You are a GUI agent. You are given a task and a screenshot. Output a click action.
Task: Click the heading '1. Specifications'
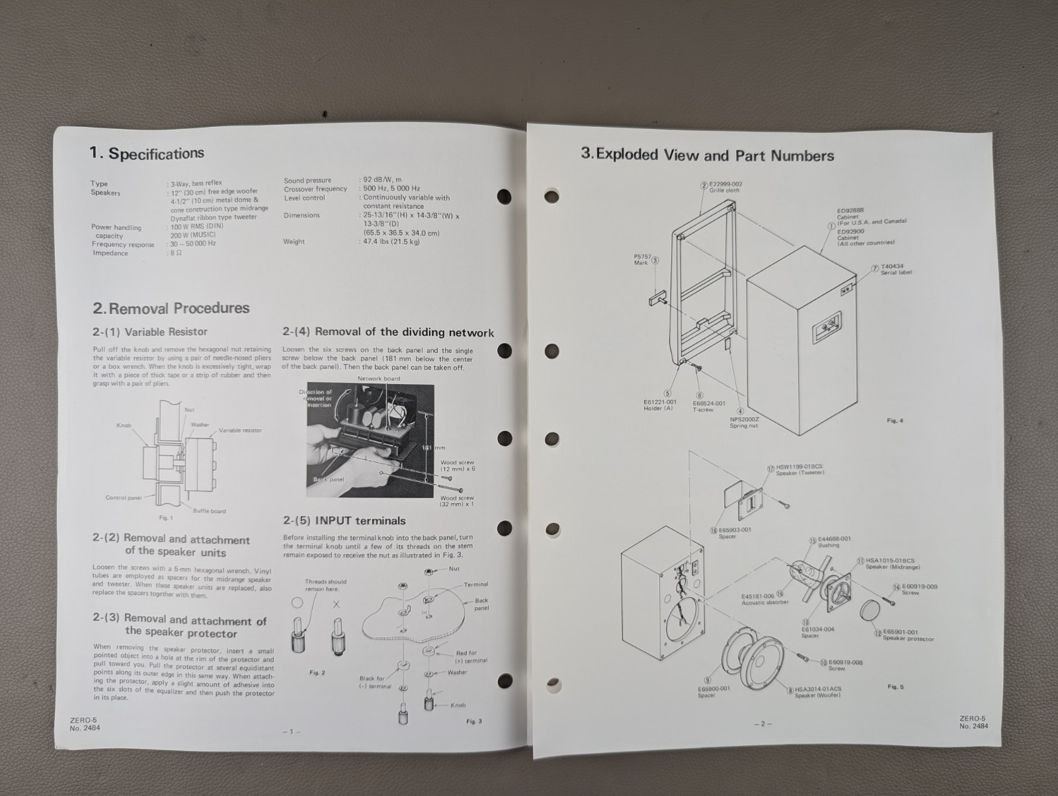click(x=147, y=153)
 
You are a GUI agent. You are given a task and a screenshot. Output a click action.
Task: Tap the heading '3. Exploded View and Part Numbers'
click(x=708, y=155)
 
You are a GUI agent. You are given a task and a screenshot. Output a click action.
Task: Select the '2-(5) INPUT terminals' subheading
click(x=344, y=520)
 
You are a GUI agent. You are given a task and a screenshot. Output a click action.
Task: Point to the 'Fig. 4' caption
click(x=895, y=420)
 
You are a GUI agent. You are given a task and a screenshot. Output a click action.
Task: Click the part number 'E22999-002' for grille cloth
click(x=725, y=184)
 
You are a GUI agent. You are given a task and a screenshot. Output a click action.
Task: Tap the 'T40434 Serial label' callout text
click(x=896, y=269)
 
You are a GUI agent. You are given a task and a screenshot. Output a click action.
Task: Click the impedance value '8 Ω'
click(x=175, y=253)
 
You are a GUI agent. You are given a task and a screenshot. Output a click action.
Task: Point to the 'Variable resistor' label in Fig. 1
click(x=240, y=430)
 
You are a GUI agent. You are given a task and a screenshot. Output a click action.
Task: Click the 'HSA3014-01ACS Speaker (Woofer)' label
click(x=817, y=692)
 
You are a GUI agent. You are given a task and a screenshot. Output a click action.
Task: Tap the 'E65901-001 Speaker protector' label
click(x=908, y=635)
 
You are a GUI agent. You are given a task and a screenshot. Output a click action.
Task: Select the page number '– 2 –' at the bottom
click(x=762, y=723)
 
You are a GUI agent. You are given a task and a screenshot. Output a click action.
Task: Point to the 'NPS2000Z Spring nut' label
click(x=744, y=422)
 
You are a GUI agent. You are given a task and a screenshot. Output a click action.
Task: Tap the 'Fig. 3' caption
click(x=473, y=721)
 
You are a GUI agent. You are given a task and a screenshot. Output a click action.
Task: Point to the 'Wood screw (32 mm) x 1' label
click(x=457, y=501)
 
